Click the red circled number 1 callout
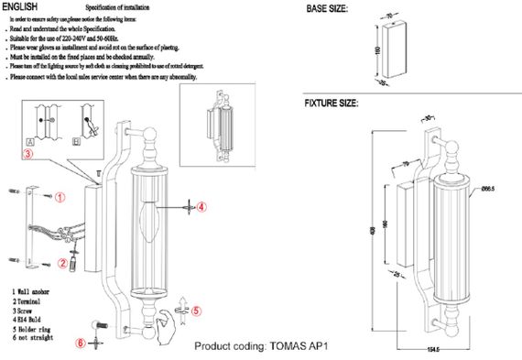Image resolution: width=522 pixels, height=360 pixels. click(60, 197)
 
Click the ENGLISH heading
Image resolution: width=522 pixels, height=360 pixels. click(19, 6)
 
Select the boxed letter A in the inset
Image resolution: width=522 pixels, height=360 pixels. click(30, 143)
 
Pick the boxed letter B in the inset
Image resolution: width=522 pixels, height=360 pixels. click(78, 143)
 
